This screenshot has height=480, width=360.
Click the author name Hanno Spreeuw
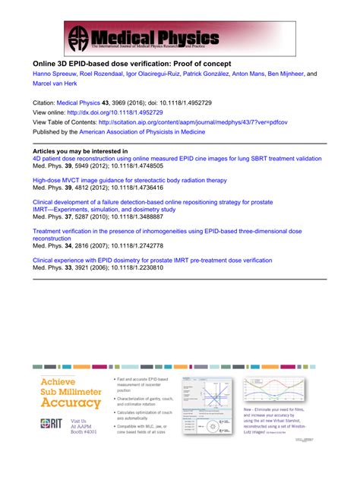(54, 74)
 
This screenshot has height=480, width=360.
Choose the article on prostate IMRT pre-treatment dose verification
(152, 259)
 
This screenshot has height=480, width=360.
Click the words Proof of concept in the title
(194, 62)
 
